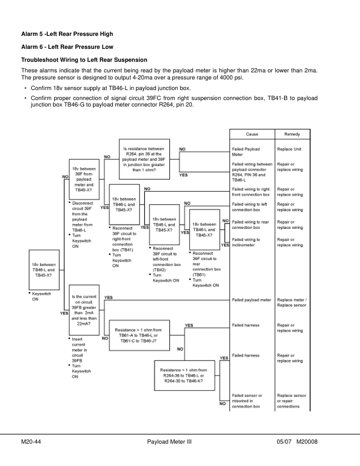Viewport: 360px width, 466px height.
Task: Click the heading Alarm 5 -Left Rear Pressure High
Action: coord(66,34)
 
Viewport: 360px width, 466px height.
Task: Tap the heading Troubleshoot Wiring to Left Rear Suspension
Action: coord(84,60)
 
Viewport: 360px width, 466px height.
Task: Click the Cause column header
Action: coord(251,134)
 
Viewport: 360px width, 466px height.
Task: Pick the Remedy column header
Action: coord(292,134)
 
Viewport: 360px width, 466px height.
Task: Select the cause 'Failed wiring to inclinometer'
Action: coord(246,242)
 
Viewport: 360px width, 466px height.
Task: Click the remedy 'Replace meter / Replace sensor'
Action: coord(291,302)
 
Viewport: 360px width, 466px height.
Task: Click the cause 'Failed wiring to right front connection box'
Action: coord(251,191)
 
